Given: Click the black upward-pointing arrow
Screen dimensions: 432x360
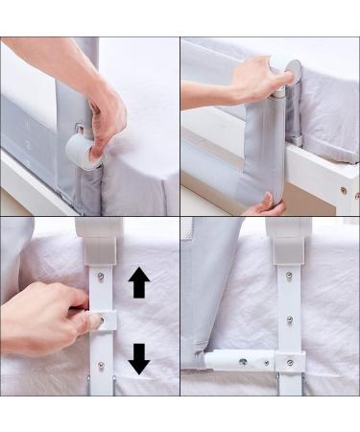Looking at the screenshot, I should point(139,282).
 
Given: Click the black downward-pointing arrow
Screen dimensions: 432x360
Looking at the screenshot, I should point(139,357).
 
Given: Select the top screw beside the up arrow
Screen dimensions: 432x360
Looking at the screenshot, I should point(101,277).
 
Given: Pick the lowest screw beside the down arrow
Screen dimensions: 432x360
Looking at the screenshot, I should point(101,365).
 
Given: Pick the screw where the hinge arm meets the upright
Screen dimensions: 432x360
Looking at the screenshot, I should point(289,362).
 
